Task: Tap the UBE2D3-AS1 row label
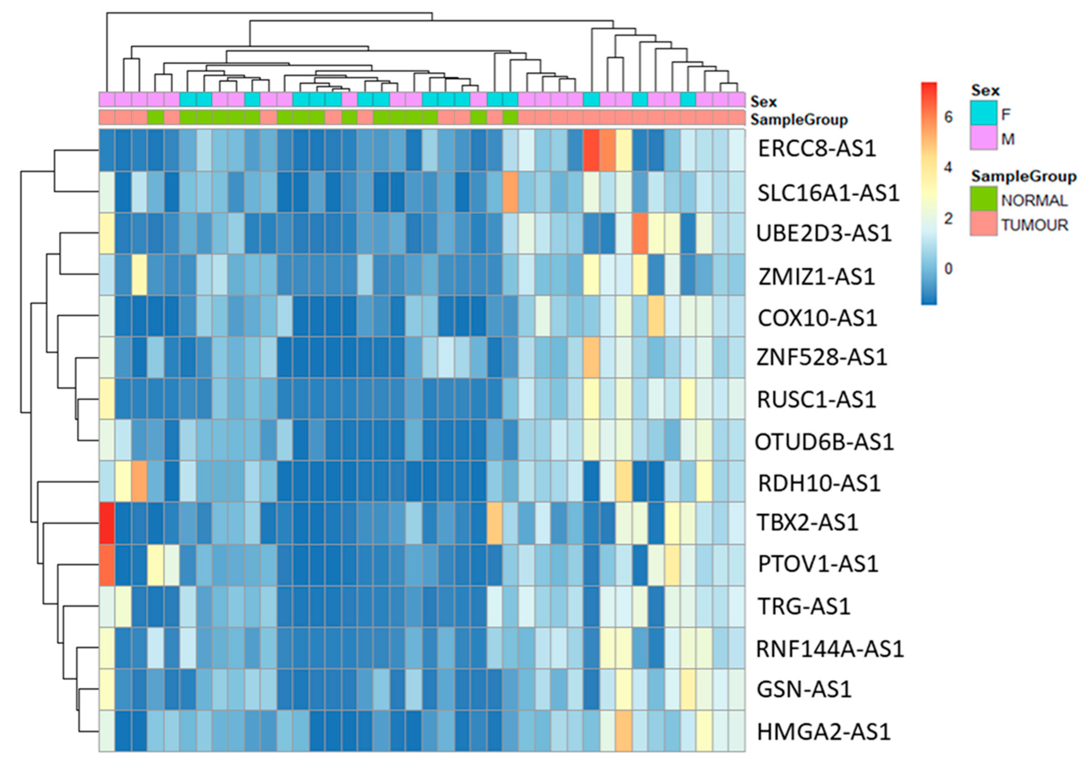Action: (x=824, y=233)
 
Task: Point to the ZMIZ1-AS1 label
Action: (x=816, y=277)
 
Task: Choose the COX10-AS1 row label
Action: (x=817, y=318)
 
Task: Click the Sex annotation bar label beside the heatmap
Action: (x=764, y=102)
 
